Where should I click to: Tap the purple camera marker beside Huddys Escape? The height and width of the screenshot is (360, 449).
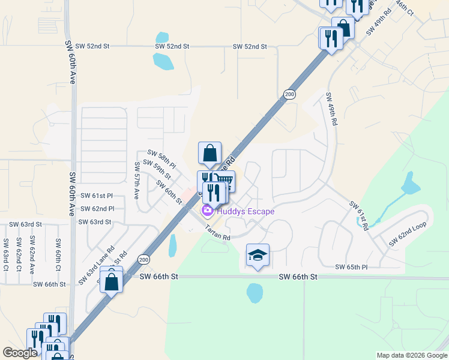pyautogui.click(x=208, y=211)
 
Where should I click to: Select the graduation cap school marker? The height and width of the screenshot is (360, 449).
pyautogui.click(x=258, y=256)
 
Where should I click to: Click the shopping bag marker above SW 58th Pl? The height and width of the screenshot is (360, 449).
pyautogui.click(x=209, y=154)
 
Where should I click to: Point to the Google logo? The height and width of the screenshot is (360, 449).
pyautogui.click(x=20, y=353)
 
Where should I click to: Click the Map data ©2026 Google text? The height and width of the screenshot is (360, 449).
pyautogui.click(x=412, y=355)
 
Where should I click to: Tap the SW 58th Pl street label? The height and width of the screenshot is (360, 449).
pyautogui.click(x=162, y=158)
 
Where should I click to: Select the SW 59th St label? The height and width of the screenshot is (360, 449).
pyautogui.click(x=157, y=170)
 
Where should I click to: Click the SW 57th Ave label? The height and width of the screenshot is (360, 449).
pyautogui.click(x=137, y=181)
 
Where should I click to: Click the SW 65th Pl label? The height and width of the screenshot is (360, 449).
pyautogui.click(x=351, y=266)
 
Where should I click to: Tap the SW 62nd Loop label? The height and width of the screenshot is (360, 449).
pyautogui.click(x=407, y=233)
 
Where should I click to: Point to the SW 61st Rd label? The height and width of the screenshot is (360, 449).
pyautogui.click(x=358, y=215)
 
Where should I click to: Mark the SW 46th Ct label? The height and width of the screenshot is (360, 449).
pyautogui.click(x=405, y=7)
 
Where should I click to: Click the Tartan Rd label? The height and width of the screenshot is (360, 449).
pyautogui.click(x=217, y=233)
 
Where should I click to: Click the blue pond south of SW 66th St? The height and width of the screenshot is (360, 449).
pyautogui.click(x=254, y=293)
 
